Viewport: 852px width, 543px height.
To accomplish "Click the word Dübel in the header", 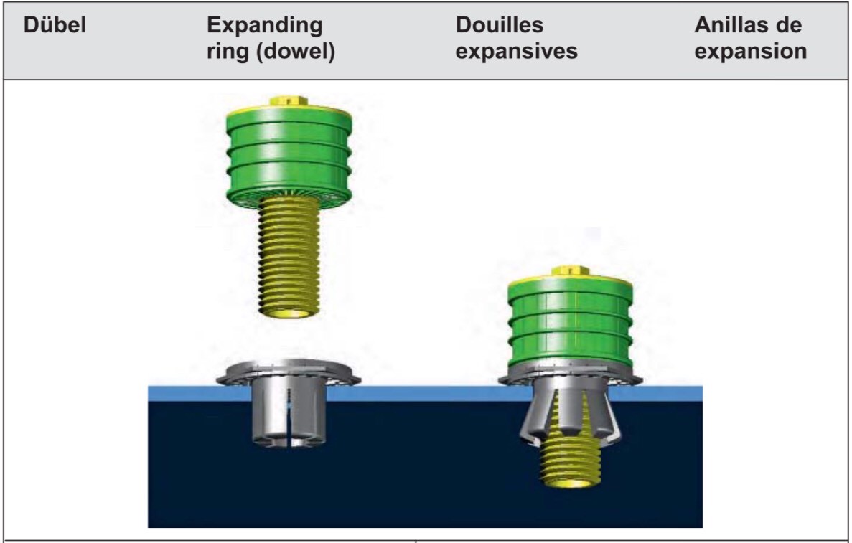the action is [x=55, y=25].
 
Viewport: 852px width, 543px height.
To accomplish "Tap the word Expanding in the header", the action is [x=265, y=26].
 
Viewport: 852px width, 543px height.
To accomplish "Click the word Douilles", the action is [x=500, y=25].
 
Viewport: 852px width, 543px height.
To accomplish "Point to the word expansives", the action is [x=516, y=52].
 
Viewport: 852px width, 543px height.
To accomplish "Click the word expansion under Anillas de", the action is [x=750, y=52].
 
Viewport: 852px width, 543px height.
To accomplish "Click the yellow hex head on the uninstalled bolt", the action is [x=289, y=101].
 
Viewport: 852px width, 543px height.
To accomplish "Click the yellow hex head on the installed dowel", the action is [x=570, y=271].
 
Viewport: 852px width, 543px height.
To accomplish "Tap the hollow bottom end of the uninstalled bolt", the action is [x=289, y=313].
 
